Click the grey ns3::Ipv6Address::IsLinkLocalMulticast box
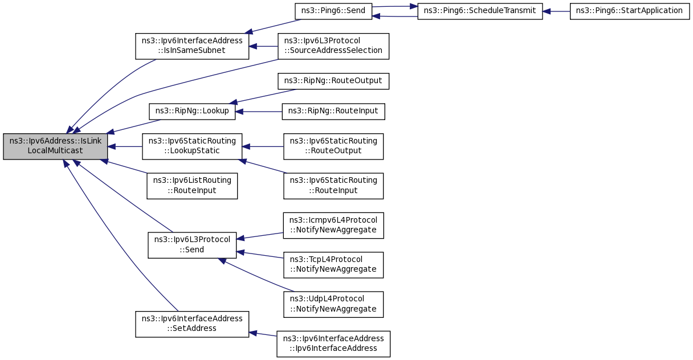point(55,146)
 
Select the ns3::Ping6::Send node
point(333,11)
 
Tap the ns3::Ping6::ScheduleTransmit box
point(480,11)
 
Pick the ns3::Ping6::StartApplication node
point(629,11)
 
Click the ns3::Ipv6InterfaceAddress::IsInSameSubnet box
point(192,46)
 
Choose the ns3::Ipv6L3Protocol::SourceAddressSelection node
point(333,46)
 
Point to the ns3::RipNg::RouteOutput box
point(333,81)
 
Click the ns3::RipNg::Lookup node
point(192,112)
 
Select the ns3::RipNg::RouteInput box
point(333,112)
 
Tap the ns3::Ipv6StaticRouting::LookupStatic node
point(192,146)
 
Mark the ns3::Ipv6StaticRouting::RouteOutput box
point(333,146)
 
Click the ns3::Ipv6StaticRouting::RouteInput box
point(333,186)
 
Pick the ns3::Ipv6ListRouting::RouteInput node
point(192,186)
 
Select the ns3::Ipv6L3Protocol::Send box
point(192,246)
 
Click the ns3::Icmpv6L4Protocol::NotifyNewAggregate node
point(333,226)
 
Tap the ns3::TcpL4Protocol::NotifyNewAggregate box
point(333,265)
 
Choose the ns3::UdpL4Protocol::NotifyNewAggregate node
point(333,304)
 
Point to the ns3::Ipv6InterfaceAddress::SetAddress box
point(192,324)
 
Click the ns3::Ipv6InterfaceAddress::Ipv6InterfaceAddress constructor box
point(333,344)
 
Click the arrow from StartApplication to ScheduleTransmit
point(556,11)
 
